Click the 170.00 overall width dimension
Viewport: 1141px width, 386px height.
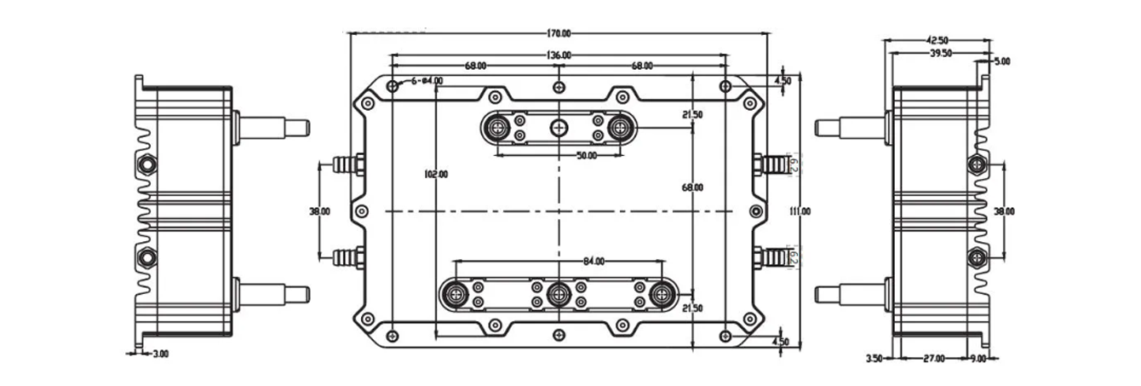tap(559, 34)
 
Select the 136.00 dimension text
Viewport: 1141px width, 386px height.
tap(559, 55)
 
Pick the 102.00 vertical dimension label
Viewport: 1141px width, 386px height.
tap(436, 175)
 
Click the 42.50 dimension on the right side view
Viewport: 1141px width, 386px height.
tap(937, 40)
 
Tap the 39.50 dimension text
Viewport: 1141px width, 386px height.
tap(939, 53)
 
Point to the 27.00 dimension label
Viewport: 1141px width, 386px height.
tap(934, 359)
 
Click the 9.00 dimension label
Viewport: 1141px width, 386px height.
tap(978, 359)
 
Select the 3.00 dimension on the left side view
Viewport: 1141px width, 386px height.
tap(159, 354)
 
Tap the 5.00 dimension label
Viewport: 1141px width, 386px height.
tap(1001, 61)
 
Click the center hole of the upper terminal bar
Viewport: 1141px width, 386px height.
tap(559, 128)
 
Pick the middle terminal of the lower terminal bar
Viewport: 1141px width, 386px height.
tap(559, 295)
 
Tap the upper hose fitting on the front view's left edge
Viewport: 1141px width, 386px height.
tap(344, 162)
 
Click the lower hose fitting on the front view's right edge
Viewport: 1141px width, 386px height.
tap(773, 256)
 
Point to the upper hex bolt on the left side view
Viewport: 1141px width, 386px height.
tap(146, 163)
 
